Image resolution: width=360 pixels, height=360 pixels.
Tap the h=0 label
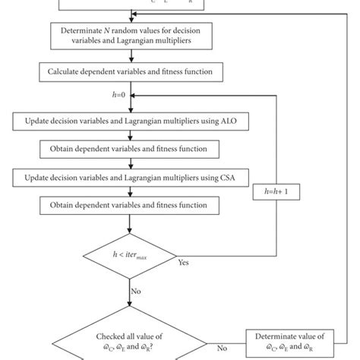(121, 96)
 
